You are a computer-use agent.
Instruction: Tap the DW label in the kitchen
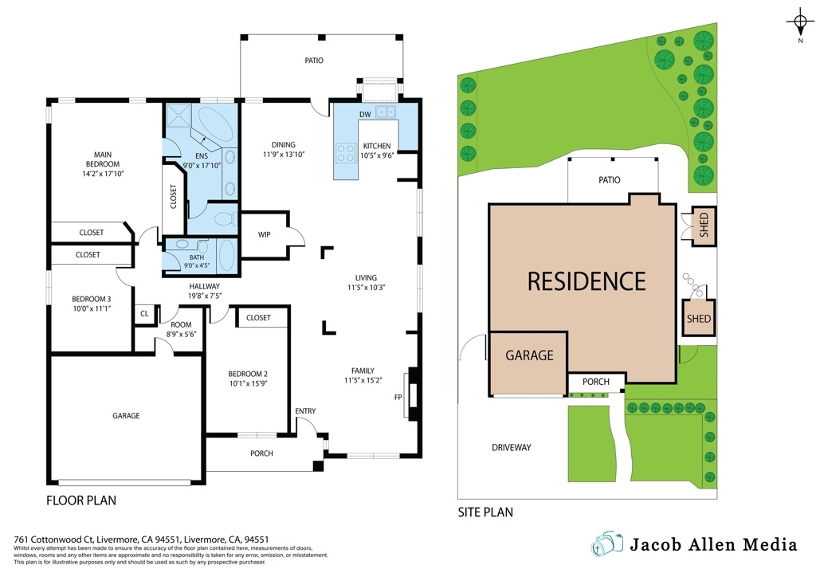coord(365,115)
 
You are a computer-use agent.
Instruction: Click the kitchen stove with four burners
coord(346,153)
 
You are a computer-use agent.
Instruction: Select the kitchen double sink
coord(386,112)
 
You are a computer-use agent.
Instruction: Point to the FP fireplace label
coord(398,398)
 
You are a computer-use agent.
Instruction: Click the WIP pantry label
coord(265,234)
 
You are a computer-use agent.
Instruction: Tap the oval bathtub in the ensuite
coord(217,124)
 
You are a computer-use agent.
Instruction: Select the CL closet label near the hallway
coord(145,314)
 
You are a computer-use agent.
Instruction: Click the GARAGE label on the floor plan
coord(126,416)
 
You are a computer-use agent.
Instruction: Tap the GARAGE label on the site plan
coord(529,355)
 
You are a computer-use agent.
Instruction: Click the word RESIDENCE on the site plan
coord(586,281)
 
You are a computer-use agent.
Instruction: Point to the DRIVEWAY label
coord(512,447)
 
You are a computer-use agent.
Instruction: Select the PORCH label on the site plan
coord(596,382)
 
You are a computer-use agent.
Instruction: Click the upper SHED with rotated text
coord(704,225)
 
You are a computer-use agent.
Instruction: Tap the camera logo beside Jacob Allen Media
coord(606,544)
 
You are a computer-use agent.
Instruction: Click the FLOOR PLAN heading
coord(81,500)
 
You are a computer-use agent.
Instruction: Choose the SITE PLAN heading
coord(485,512)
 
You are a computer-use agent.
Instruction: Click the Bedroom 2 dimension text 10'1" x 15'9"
coord(249,383)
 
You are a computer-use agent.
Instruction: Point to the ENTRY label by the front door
coord(305,411)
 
